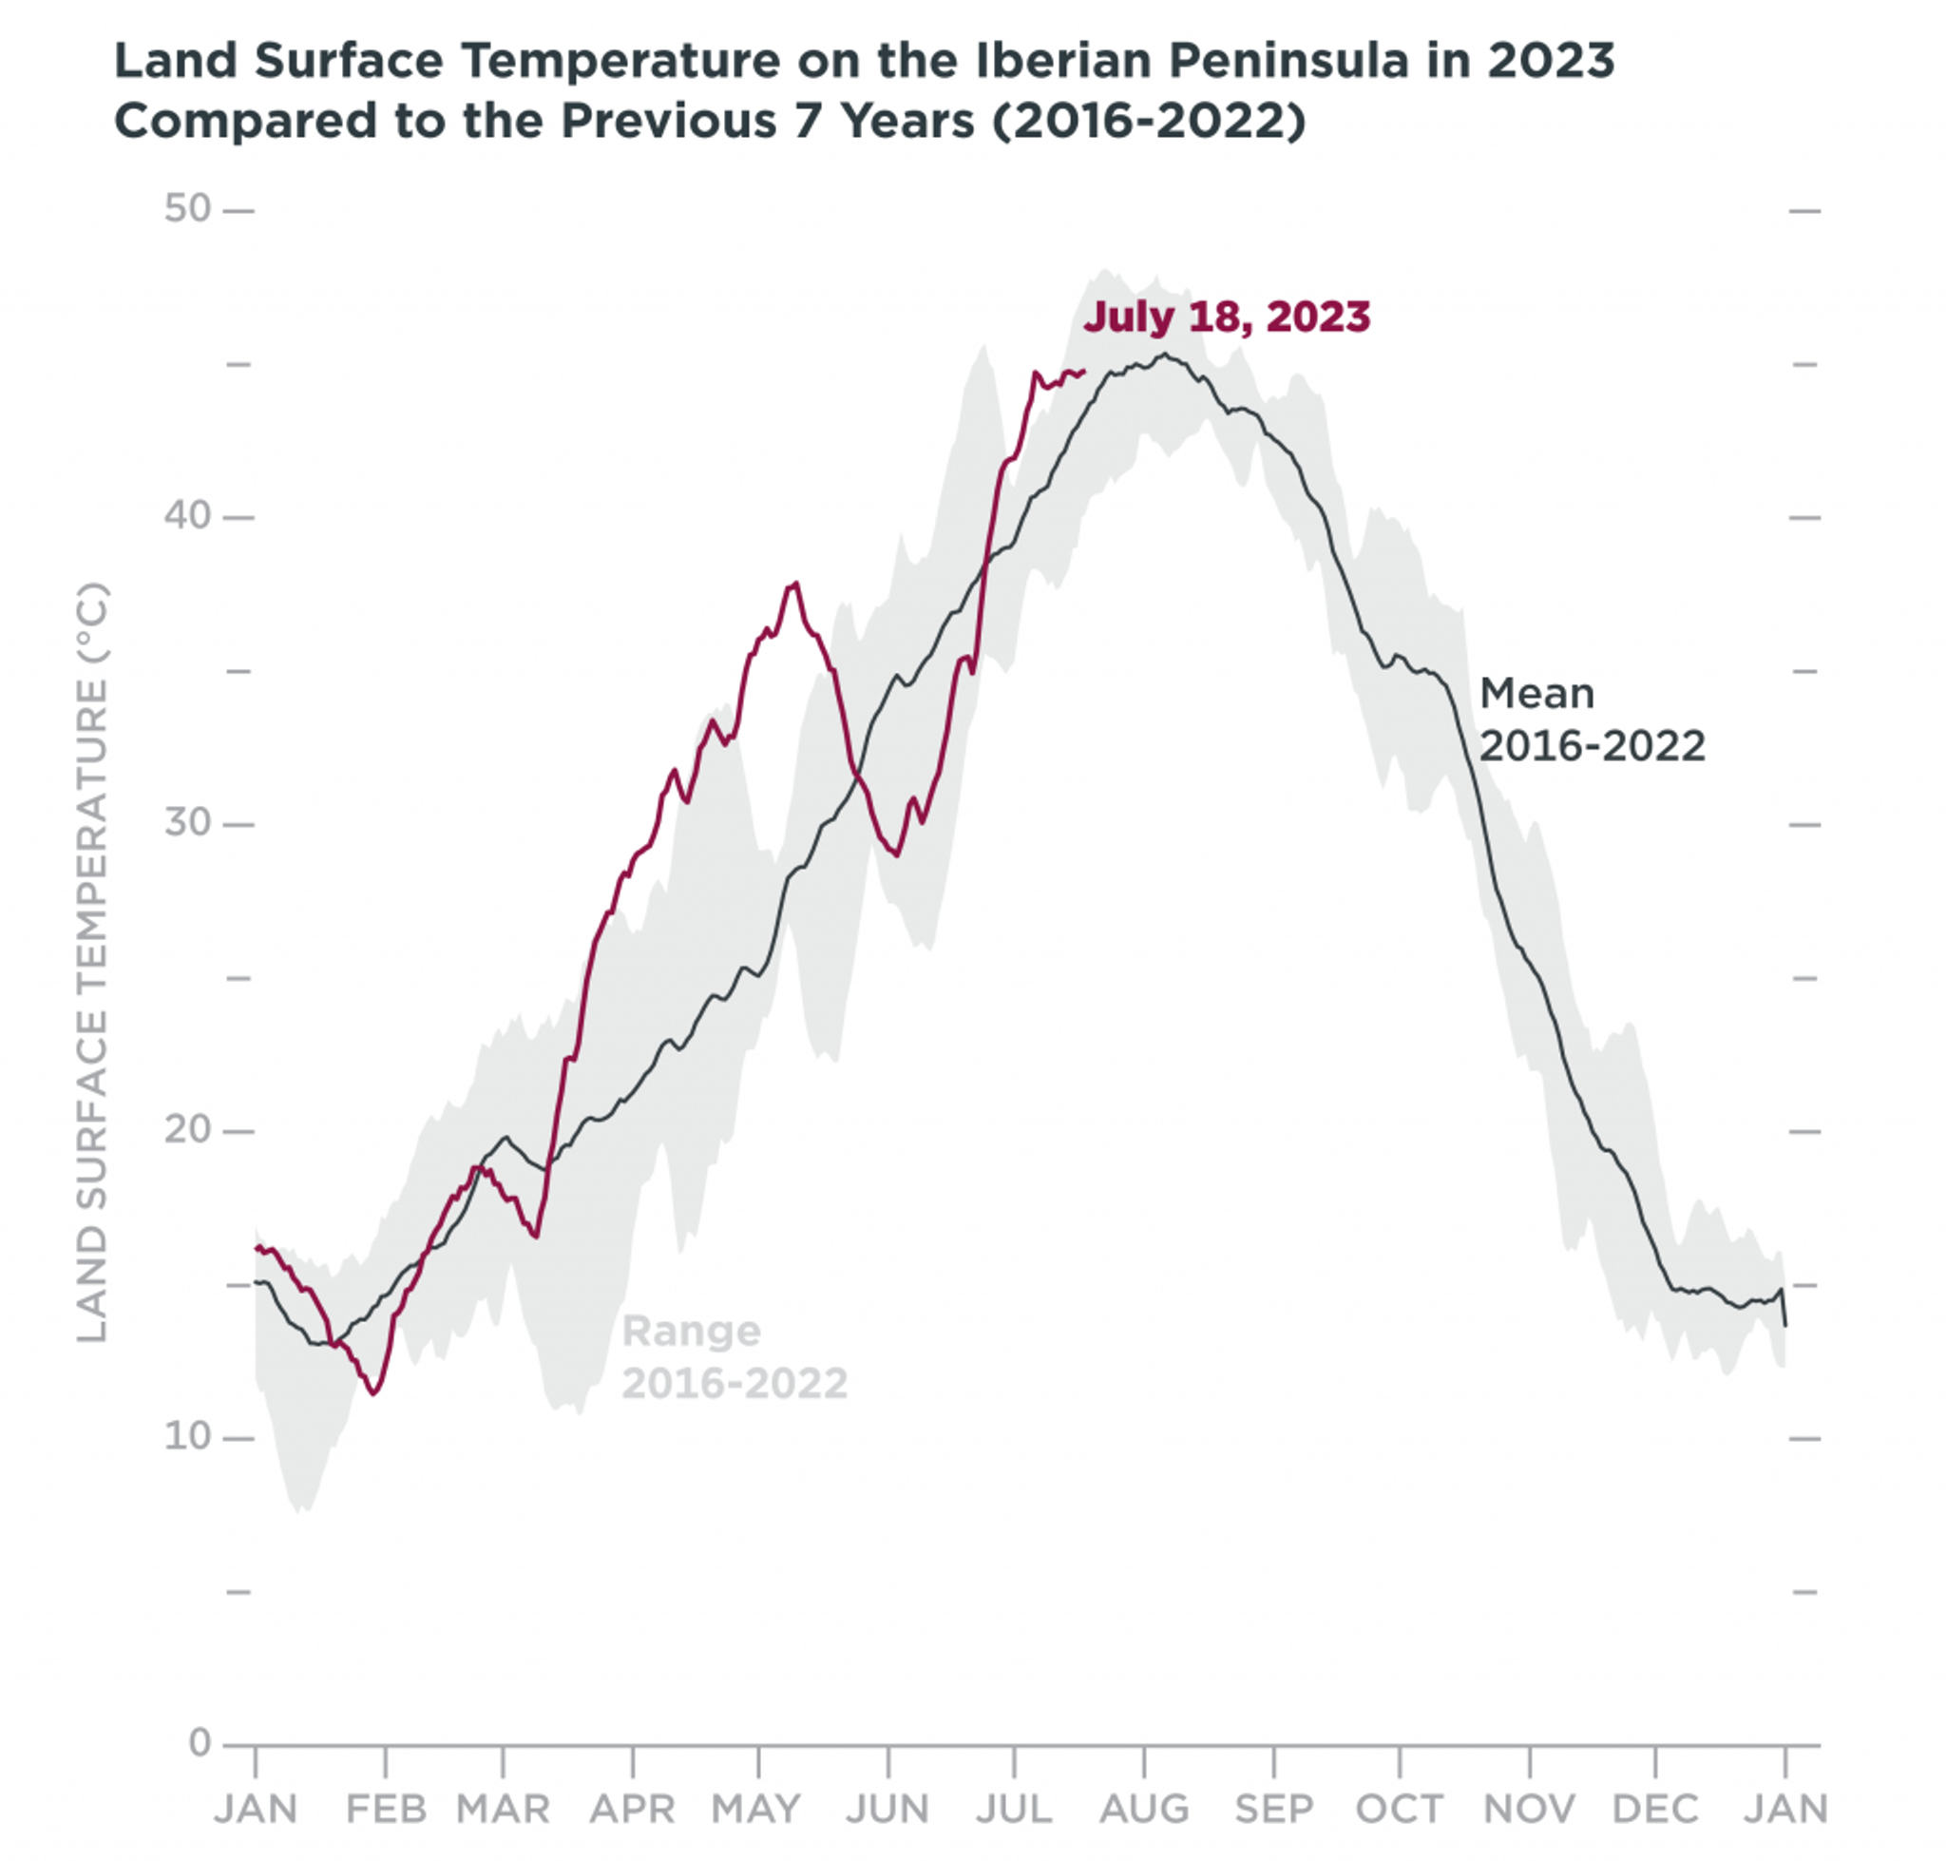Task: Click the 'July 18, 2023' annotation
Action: [1226, 317]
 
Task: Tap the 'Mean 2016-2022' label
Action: [1591, 719]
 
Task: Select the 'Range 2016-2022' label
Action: [734, 1357]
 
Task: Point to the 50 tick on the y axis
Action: [187, 209]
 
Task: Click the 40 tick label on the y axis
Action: [187, 516]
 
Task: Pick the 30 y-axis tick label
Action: [187, 822]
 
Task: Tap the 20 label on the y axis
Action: [187, 1129]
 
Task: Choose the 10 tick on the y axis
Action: [187, 1435]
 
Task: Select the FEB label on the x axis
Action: [386, 1809]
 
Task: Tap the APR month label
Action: [632, 1809]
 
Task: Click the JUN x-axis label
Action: [887, 1809]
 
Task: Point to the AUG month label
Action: [1144, 1809]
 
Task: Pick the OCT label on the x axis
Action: [1399, 1809]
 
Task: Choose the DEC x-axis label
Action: [1654, 1809]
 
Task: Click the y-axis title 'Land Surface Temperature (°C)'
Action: [91, 962]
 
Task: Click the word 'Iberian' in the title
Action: [1062, 62]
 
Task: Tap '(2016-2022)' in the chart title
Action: [1148, 122]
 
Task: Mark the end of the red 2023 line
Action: [1084, 371]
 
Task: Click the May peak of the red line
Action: [794, 585]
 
